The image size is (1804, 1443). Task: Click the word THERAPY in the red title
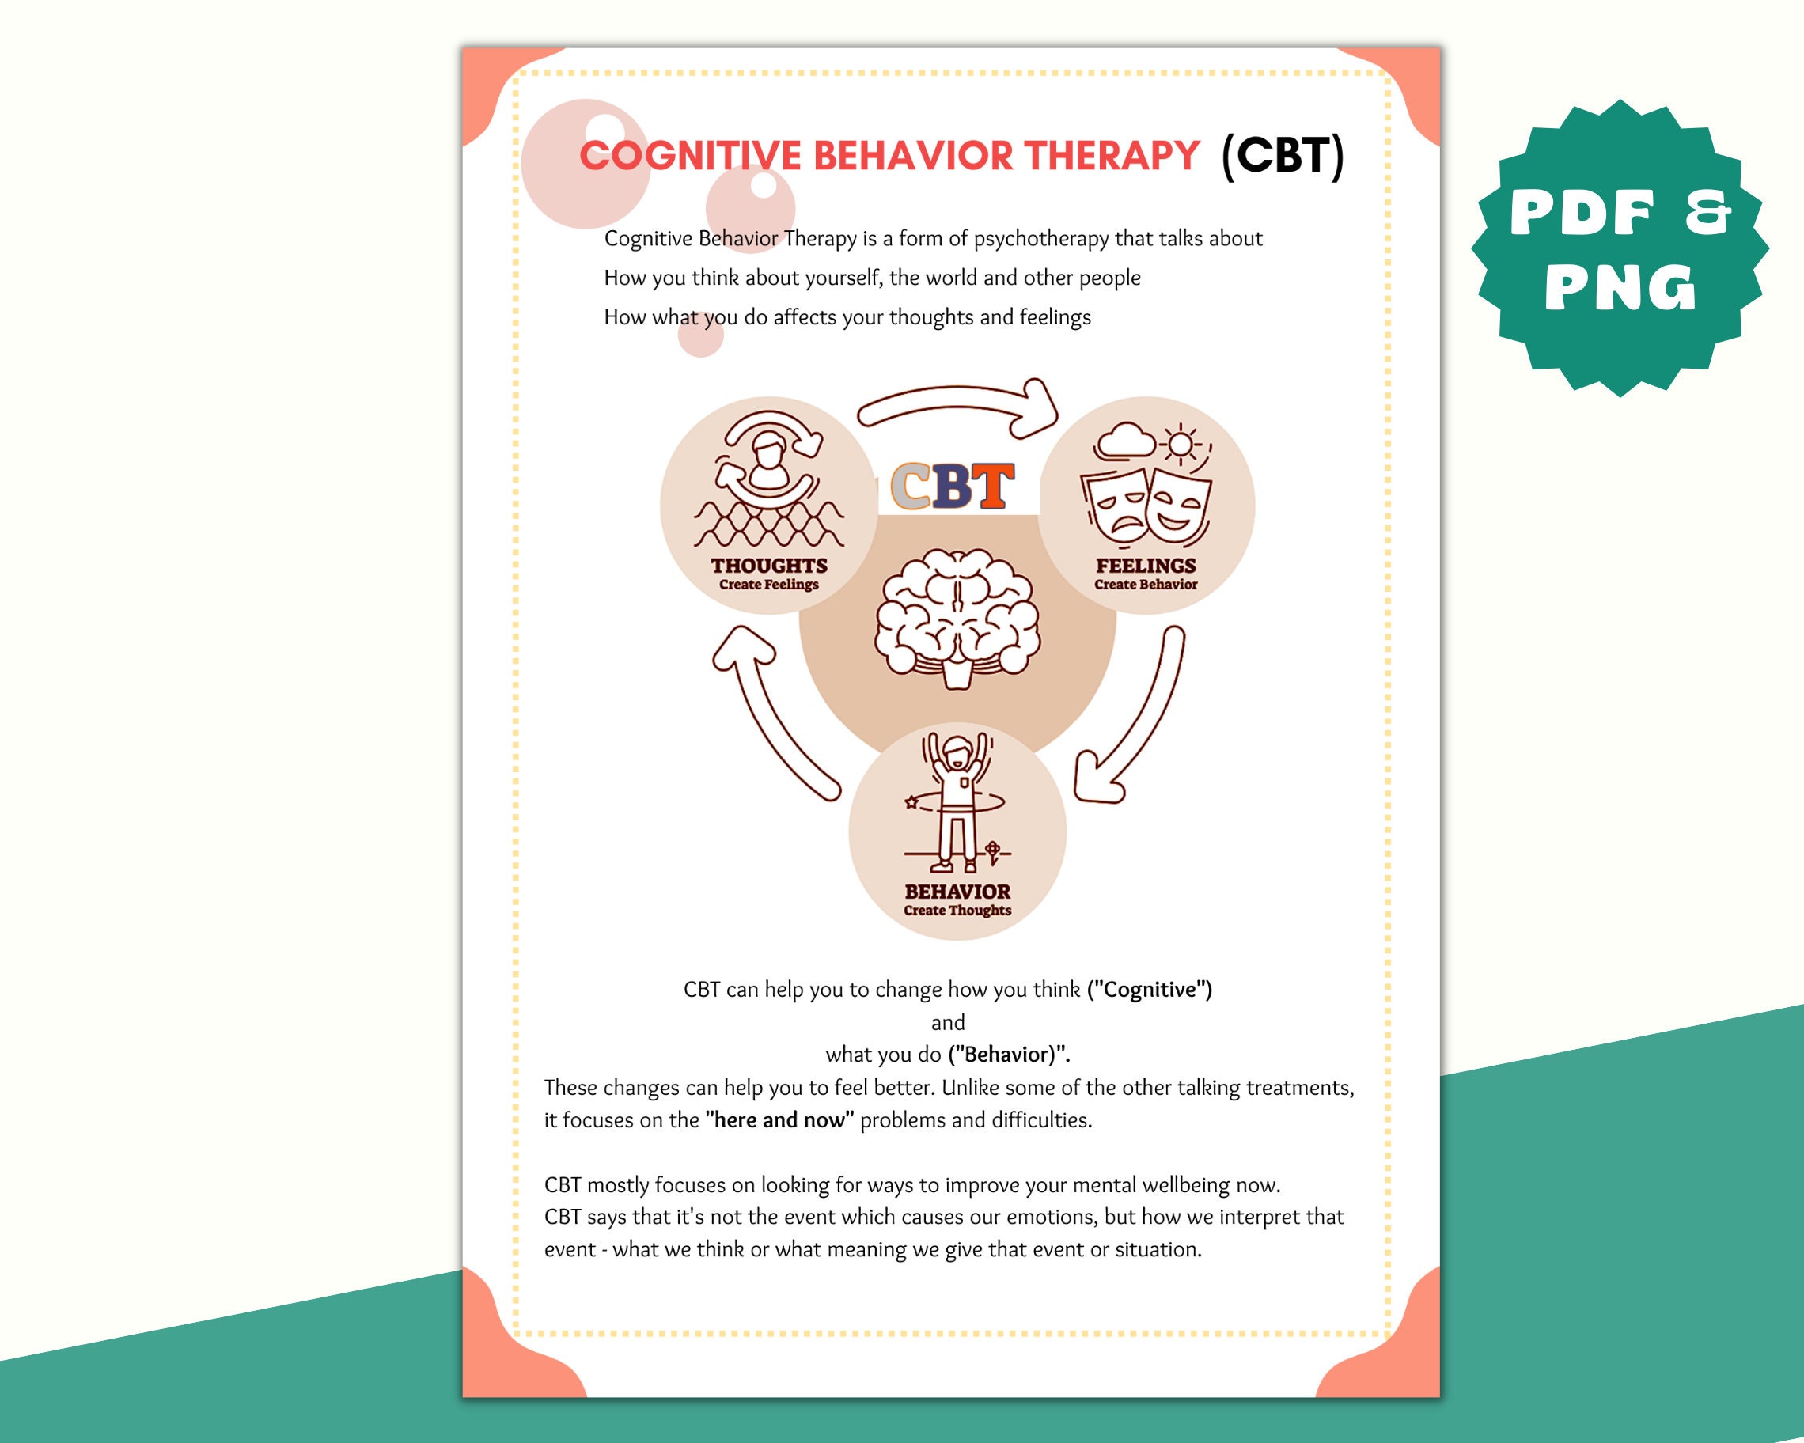(1112, 156)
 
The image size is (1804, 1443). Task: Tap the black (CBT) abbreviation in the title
(1282, 156)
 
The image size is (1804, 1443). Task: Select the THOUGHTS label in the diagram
(769, 566)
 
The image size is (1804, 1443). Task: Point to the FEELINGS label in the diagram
(1146, 566)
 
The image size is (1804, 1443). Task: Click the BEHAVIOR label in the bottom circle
(957, 892)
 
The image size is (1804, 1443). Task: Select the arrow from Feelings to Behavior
(1138, 719)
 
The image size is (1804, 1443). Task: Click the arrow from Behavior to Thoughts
(770, 719)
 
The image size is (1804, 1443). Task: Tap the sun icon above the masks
(1181, 444)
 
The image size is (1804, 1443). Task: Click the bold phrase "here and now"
(779, 1120)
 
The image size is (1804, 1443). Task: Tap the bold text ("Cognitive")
(1149, 990)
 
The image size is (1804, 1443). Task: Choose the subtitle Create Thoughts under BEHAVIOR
(957, 910)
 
